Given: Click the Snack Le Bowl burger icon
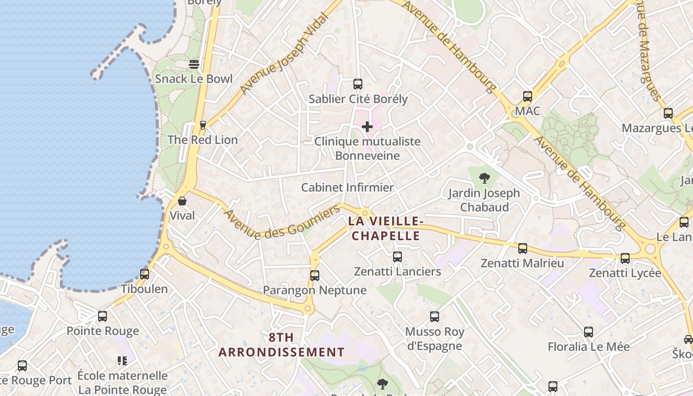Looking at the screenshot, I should [x=194, y=64].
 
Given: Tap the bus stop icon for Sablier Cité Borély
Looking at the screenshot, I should [x=357, y=84].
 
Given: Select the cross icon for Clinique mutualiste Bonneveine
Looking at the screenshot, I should [x=367, y=127].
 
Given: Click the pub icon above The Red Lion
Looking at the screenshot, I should [x=202, y=125].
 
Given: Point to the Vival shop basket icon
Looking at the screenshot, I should [x=182, y=201].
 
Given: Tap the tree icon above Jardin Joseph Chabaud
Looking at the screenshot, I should [x=484, y=178].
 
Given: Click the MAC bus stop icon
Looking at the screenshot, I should [x=528, y=97].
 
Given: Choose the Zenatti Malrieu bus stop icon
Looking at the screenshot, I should [x=523, y=248].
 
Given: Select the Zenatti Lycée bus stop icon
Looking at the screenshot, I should [x=625, y=258].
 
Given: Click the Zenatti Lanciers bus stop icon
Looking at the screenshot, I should [x=397, y=257].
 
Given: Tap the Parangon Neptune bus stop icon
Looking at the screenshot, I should [x=315, y=276].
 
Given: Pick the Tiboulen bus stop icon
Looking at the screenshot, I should [x=145, y=274].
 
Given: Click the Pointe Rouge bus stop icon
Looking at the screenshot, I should [x=102, y=316].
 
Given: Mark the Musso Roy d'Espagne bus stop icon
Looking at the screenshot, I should [x=435, y=317].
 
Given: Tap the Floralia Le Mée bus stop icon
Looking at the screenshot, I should [x=589, y=332].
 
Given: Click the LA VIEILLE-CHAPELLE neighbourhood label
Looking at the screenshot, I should [x=384, y=228].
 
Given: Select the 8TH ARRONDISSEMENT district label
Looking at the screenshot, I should [x=281, y=345].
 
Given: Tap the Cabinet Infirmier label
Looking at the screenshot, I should [x=347, y=188].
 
